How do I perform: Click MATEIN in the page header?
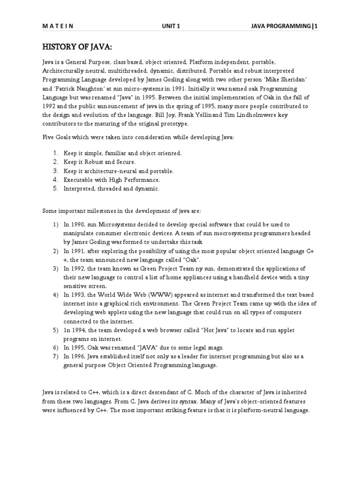coord(56,27)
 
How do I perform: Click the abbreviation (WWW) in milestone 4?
coord(162,295)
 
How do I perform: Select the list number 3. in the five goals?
coord(55,171)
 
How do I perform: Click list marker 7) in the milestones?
coord(55,357)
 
